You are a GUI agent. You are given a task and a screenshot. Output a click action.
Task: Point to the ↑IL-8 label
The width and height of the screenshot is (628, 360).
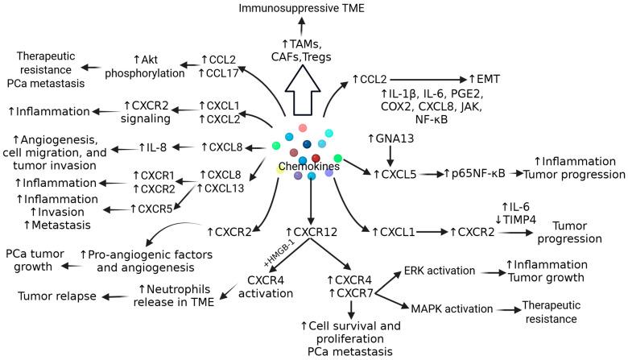click(162, 147)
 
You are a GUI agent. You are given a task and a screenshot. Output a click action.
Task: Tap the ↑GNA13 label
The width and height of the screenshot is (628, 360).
click(392, 139)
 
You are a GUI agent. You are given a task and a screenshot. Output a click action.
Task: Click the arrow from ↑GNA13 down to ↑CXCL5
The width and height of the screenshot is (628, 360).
click(392, 155)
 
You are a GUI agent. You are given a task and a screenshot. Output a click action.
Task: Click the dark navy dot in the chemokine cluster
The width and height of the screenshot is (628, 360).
click(307, 144)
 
